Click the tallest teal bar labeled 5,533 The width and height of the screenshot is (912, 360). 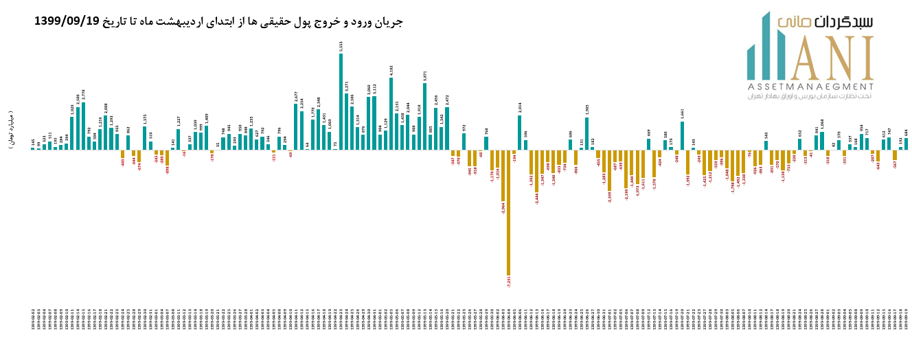[341, 102]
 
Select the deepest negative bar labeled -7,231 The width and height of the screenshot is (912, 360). [508, 212]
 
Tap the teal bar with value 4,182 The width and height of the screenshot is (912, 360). [391, 113]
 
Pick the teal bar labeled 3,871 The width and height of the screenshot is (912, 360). [425, 116]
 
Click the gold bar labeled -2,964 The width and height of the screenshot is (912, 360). [503, 175]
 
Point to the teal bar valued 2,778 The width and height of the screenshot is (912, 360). [84, 126]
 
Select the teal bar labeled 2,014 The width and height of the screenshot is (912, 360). [520, 132]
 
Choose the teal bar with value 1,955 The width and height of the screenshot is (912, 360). [587, 133]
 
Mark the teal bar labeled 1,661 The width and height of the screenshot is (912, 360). [683, 135]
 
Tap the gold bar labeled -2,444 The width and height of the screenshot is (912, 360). [536, 171]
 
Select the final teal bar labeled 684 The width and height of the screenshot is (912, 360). [906, 144]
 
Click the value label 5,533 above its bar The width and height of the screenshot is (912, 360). [341, 46]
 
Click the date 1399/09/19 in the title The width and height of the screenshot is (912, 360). [67, 21]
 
